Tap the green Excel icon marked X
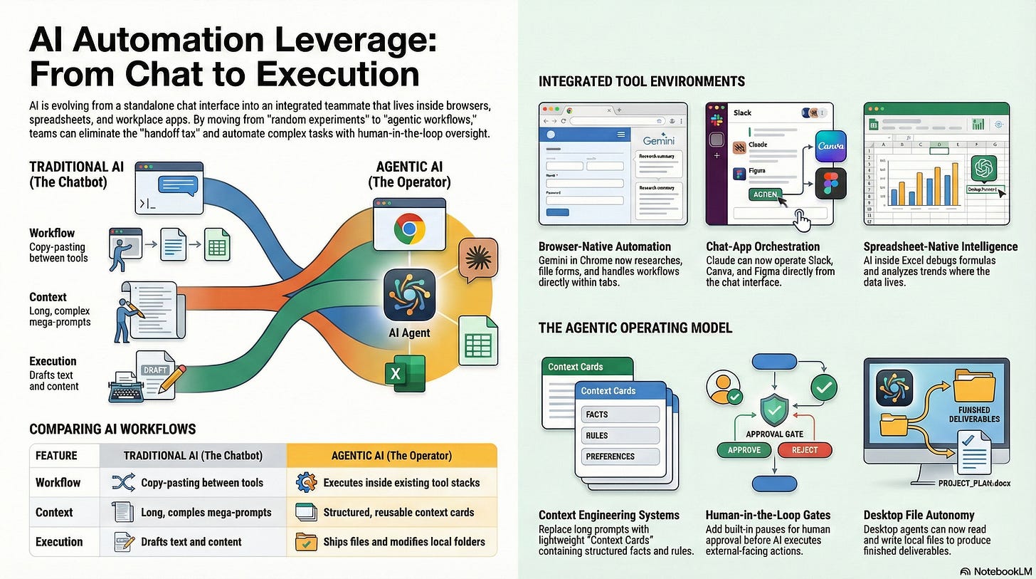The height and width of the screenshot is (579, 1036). tap(404, 373)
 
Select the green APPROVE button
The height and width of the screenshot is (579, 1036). tap(744, 449)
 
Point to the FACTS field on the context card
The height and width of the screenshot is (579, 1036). tap(620, 414)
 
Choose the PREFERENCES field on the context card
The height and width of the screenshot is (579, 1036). tap(620, 457)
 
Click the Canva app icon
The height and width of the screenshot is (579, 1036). tap(830, 147)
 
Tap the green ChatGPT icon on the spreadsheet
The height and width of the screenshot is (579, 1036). tap(984, 168)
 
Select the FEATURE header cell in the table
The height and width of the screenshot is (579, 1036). tap(56, 455)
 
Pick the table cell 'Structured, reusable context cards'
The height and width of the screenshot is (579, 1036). tap(398, 512)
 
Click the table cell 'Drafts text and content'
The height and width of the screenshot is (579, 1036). tap(191, 542)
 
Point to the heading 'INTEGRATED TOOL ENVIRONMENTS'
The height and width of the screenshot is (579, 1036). tap(641, 81)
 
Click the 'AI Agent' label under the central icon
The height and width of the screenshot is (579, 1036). tap(409, 332)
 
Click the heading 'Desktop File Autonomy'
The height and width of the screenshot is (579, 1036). tap(919, 515)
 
